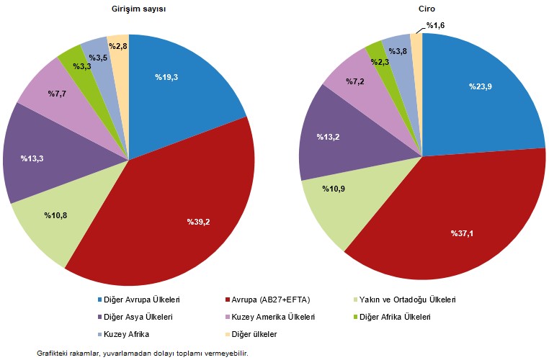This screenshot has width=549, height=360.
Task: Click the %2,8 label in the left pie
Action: coord(118,46)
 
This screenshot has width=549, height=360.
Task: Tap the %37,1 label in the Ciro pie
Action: coord(465,233)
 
